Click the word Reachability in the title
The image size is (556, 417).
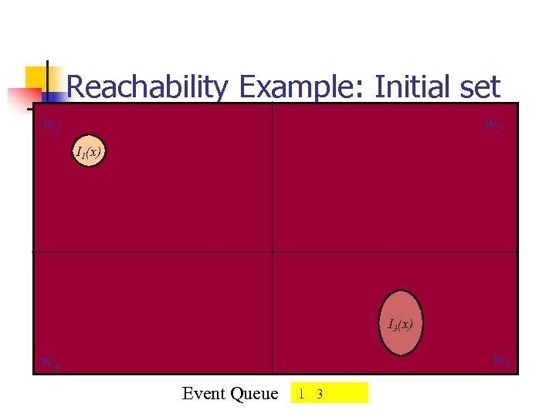pos(147,87)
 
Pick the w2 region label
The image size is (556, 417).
pos(493,124)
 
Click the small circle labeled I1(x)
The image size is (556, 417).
pos(89,152)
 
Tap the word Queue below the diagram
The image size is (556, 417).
pos(254,394)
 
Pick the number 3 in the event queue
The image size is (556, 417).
pos(319,394)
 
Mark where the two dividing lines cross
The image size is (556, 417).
pos(273,252)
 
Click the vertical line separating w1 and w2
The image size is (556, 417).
pos(273,178)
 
